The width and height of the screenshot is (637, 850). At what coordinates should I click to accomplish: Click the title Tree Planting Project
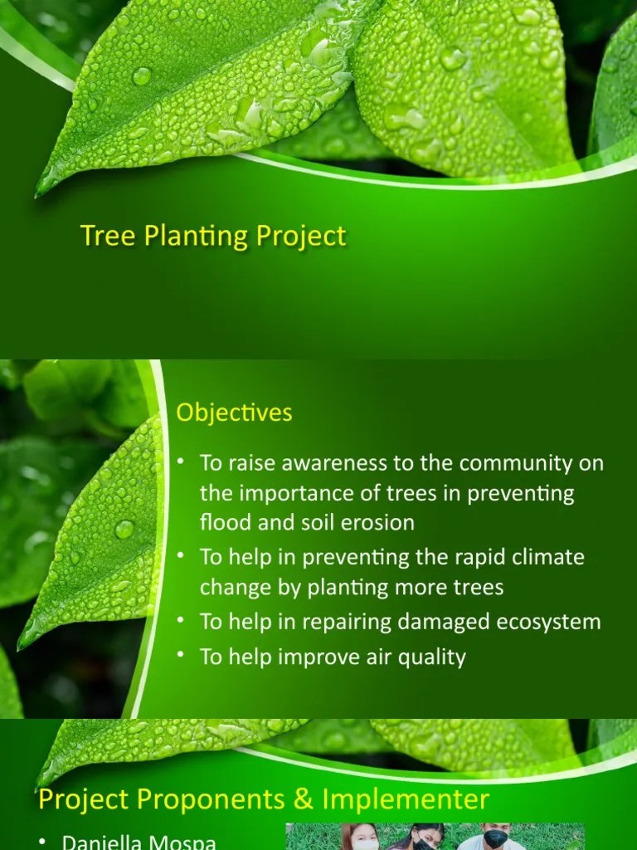coord(213,236)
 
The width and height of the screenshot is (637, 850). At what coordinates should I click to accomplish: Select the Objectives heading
coord(235,413)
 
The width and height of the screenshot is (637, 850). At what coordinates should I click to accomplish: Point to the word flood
coord(223,523)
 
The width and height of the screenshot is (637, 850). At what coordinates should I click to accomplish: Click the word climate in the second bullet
coord(542,556)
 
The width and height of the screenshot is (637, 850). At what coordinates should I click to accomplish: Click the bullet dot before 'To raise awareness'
coord(181,461)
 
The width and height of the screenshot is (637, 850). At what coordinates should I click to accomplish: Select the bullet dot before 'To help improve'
coord(181,654)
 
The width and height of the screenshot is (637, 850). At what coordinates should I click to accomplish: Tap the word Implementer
coord(406,799)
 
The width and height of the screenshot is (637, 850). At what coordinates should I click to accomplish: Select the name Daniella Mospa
coord(139,843)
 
